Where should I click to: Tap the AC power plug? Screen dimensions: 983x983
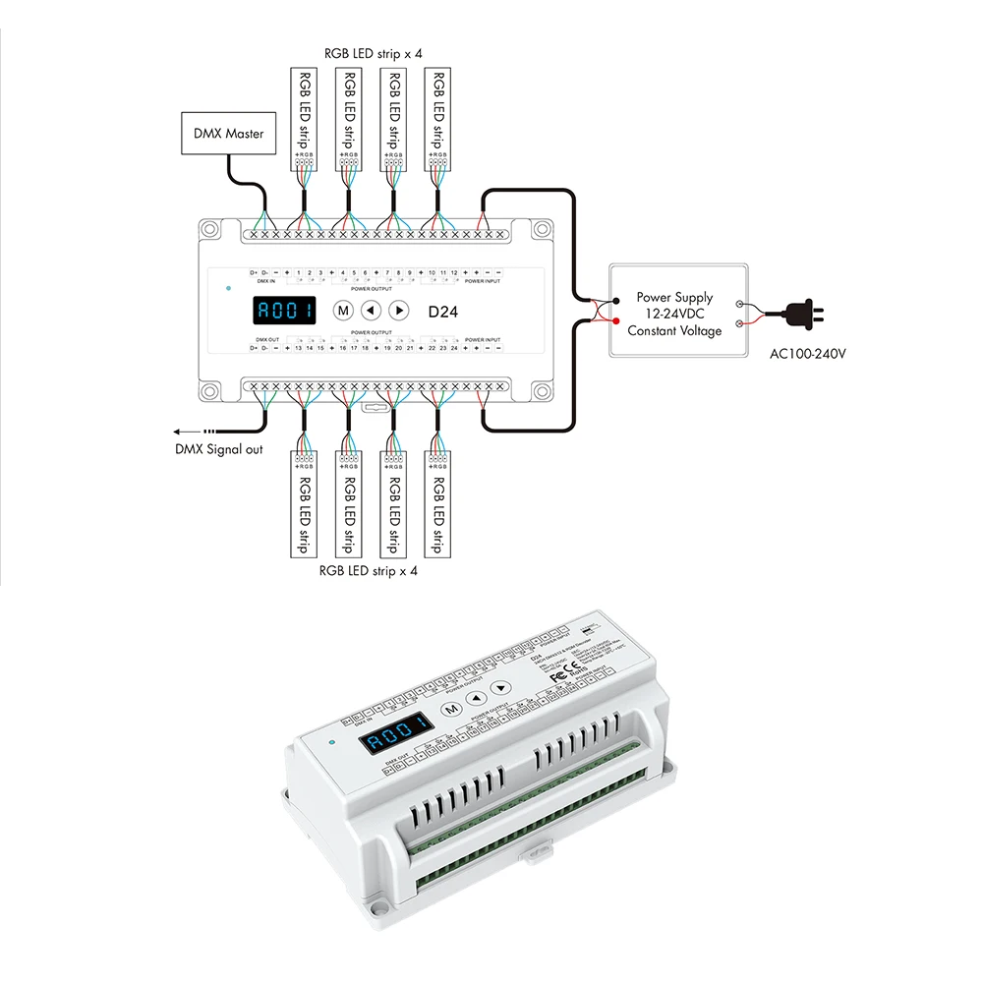pyautogui.click(x=801, y=313)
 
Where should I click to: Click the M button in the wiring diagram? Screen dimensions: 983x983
pyautogui.click(x=343, y=311)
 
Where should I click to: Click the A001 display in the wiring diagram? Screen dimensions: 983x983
pyautogui.click(x=284, y=312)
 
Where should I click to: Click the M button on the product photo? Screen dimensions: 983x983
pyautogui.click(x=451, y=708)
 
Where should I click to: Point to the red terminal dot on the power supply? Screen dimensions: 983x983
pyautogui.click(x=615, y=322)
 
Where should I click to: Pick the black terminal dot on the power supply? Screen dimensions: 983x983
pyautogui.click(x=615, y=300)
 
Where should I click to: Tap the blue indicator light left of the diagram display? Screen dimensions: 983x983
pyautogui.click(x=227, y=290)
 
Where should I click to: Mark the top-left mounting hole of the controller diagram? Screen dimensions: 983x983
pyautogui.click(x=209, y=231)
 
